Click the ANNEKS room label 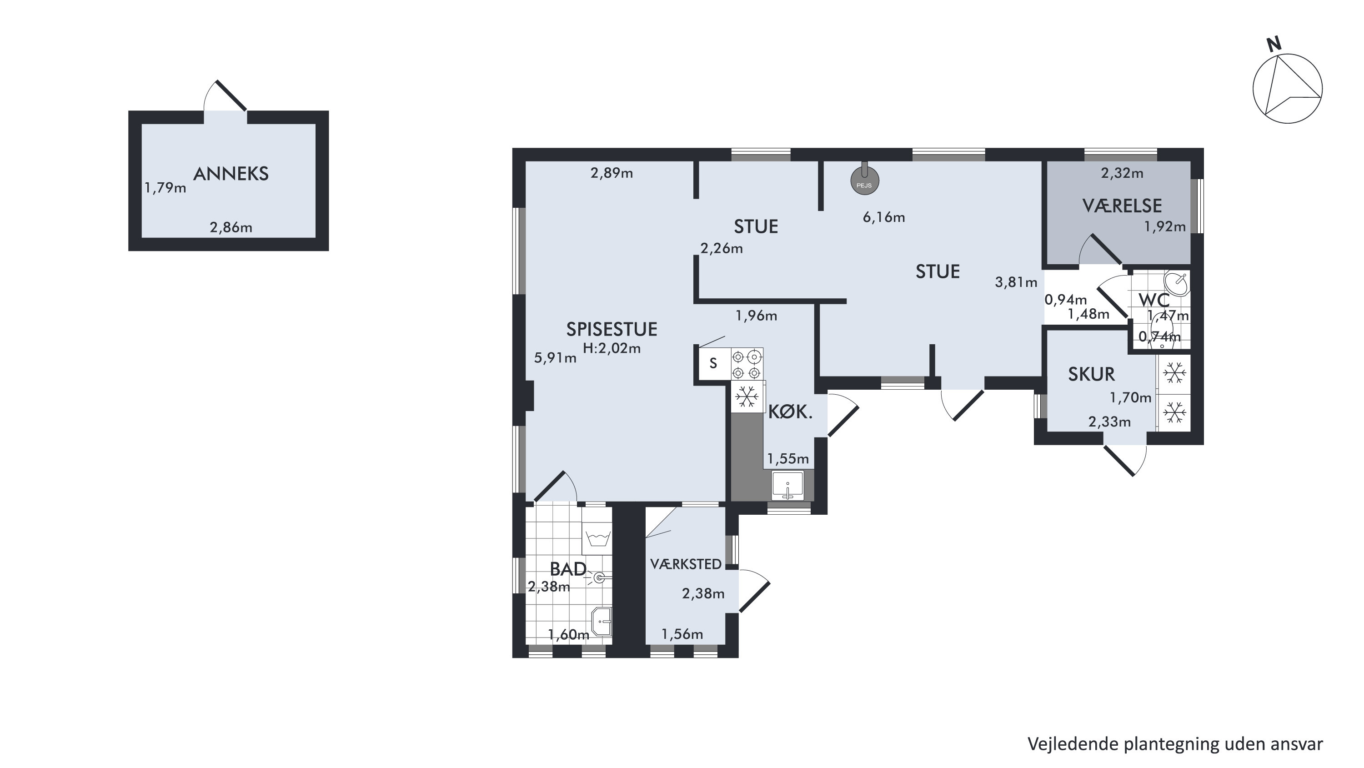pos(231,174)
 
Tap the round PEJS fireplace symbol pos(865,182)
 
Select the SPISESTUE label pos(612,330)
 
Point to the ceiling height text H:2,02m pos(612,348)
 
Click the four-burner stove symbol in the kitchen pos(747,364)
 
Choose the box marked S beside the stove pos(714,363)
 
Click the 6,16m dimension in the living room pos(884,217)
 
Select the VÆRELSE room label pos(1122,206)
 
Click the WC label pos(1154,300)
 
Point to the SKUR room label pos(1091,375)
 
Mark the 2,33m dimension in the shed pos(1109,422)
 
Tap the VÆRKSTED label pos(686,564)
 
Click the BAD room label pos(568,569)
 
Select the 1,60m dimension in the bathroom pos(568,634)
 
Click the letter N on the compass pos(1274,45)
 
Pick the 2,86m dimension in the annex pos(231,228)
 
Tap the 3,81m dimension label pos(1016,282)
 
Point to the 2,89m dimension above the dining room pos(612,173)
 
